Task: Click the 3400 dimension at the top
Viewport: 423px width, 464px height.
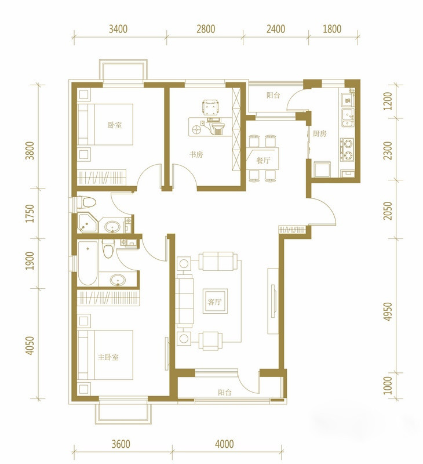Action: tap(118, 29)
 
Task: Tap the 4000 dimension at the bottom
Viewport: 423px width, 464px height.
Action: tap(224, 444)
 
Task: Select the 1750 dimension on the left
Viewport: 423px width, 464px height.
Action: tap(30, 213)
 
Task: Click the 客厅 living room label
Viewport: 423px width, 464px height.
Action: tap(214, 302)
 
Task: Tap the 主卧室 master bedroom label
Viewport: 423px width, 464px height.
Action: tap(108, 357)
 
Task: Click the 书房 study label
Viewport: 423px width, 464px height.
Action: tap(196, 154)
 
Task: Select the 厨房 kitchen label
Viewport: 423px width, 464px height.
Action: tap(319, 133)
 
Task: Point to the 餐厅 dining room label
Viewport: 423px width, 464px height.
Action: tap(263, 161)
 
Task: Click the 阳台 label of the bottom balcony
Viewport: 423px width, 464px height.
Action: tap(225, 393)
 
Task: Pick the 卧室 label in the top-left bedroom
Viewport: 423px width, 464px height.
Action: tap(115, 125)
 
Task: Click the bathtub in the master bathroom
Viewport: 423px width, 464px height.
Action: tap(88, 263)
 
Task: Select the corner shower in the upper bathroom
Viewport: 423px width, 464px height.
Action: tap(87, 223)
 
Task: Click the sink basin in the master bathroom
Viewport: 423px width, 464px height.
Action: tap(118, 280)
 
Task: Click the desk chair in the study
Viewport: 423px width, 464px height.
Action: tap(210, 107)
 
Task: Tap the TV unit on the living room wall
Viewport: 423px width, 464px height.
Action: tap(273, 301)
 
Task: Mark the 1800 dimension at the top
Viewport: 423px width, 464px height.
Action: tap(332, 29)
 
